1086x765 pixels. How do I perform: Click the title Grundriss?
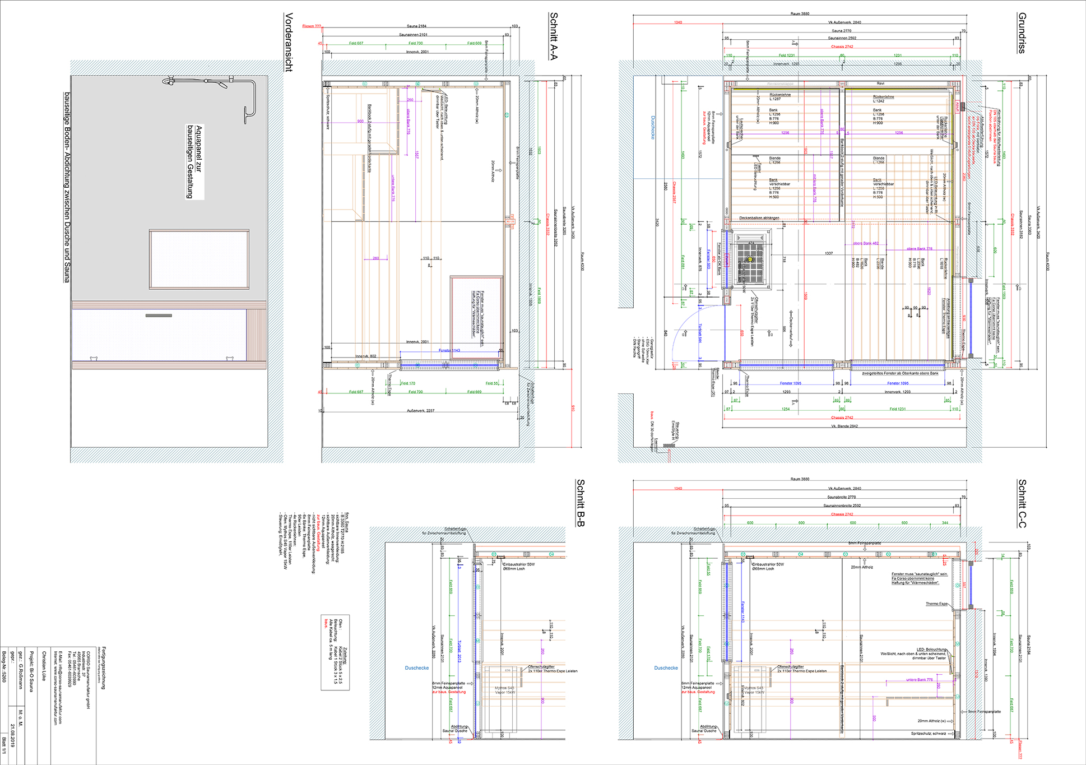pos(1022,33)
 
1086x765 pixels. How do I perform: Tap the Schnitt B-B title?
pos(581,503)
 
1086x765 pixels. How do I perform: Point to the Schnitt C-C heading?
pos(1022,503)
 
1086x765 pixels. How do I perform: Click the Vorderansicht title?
pos(289,42)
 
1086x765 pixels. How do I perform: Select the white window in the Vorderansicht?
pos(199,259)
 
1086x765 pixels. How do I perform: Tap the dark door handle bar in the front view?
pos(159,316)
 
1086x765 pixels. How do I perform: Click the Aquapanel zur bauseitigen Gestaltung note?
pos(194,161)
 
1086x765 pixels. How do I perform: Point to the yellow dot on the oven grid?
pos(750,259)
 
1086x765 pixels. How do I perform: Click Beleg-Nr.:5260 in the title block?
pos(4,666)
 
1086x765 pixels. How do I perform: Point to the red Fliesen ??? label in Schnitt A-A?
pos(312,26)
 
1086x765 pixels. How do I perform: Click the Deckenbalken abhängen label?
pos(759,218)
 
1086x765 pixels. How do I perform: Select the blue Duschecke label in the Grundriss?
pos(653,128)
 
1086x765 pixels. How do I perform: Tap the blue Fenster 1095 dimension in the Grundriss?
pos(790,383)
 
